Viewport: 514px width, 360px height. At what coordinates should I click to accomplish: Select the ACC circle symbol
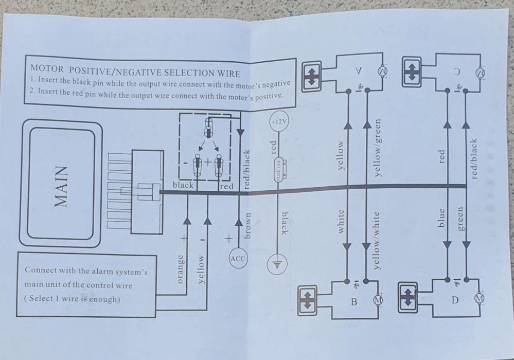[238, 259]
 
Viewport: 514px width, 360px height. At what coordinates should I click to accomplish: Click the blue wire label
[440, 218]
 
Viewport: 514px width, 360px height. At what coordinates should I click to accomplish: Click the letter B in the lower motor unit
[354, 301]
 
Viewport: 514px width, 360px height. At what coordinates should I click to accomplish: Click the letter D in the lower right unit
[454, 300]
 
